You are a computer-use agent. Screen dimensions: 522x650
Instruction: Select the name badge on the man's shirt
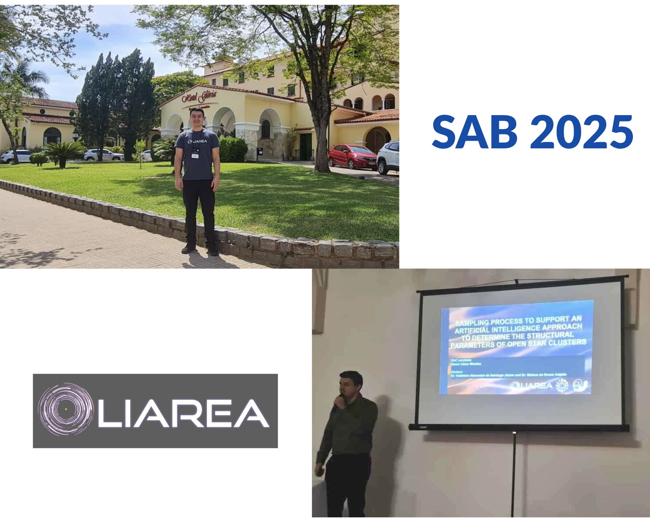point(196,155)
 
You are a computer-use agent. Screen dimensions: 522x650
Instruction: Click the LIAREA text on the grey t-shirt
point(197,141)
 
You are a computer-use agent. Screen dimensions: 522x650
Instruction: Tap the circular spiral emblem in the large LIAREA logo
point(66,409)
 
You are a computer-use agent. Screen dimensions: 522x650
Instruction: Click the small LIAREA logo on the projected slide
point(532,385)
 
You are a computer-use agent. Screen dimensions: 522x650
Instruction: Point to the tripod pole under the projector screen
point(514,474)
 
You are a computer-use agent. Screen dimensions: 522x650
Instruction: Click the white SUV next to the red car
point(388,157)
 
